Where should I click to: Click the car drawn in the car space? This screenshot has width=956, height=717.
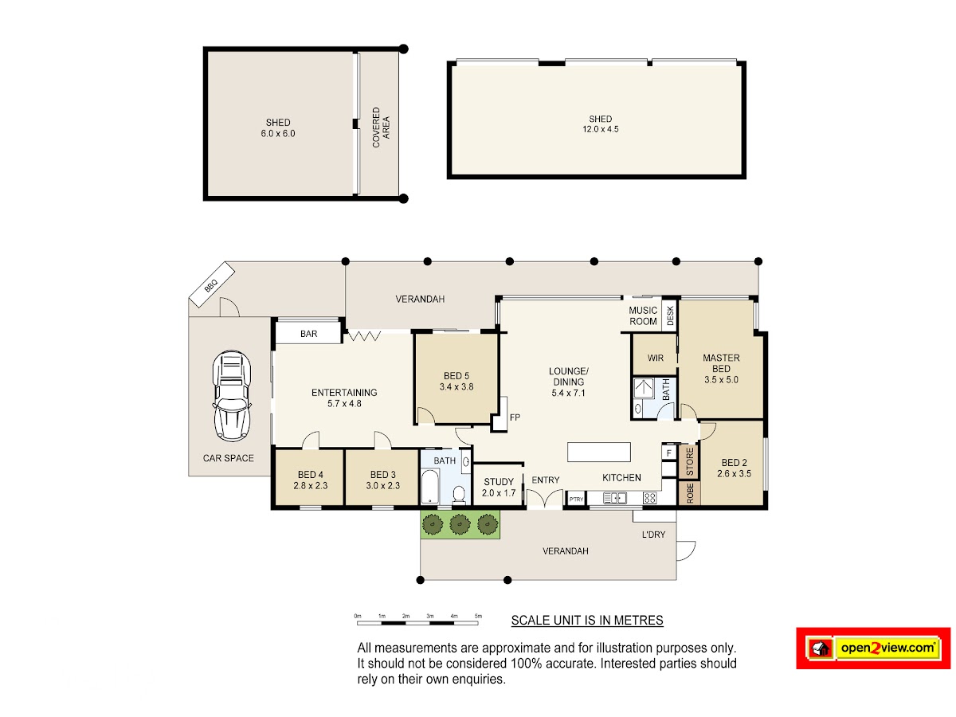(x=231, y=396)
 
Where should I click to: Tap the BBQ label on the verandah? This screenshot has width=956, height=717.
(x=211, y=285)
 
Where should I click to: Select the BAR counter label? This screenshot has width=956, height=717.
(x=308, y=334)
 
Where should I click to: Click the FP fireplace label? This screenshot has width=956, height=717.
(x=515, y=417)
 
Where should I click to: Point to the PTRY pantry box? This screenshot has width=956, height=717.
(x=576, y=500)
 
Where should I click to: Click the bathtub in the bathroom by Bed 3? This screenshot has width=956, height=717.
(x=430, y=486)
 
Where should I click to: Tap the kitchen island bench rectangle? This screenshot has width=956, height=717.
(x=598, y=452)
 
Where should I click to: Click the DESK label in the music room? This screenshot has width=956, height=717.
(x=670, y=315)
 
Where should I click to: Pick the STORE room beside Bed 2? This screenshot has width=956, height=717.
(x=689, y=461)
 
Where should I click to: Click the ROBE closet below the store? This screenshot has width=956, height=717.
(x=689, y=494)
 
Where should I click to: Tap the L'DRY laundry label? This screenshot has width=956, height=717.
(x=653, y=534)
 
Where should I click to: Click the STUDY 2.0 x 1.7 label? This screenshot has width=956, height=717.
(x=498, y=487)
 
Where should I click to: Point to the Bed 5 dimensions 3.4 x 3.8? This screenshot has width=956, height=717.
(x=456, y=386)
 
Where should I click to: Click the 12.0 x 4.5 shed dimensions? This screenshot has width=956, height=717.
(x=600, y=129)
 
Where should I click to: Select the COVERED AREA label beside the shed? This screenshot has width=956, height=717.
(x=381, y=127)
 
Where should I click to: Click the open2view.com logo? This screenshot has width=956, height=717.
(x=873, y=648)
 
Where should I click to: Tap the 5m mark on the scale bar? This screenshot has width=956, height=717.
(x=478, y=616)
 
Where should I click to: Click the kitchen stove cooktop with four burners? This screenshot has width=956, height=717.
(x=649, y=498)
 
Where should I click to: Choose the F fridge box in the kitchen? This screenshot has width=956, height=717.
(x=668, y=453)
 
